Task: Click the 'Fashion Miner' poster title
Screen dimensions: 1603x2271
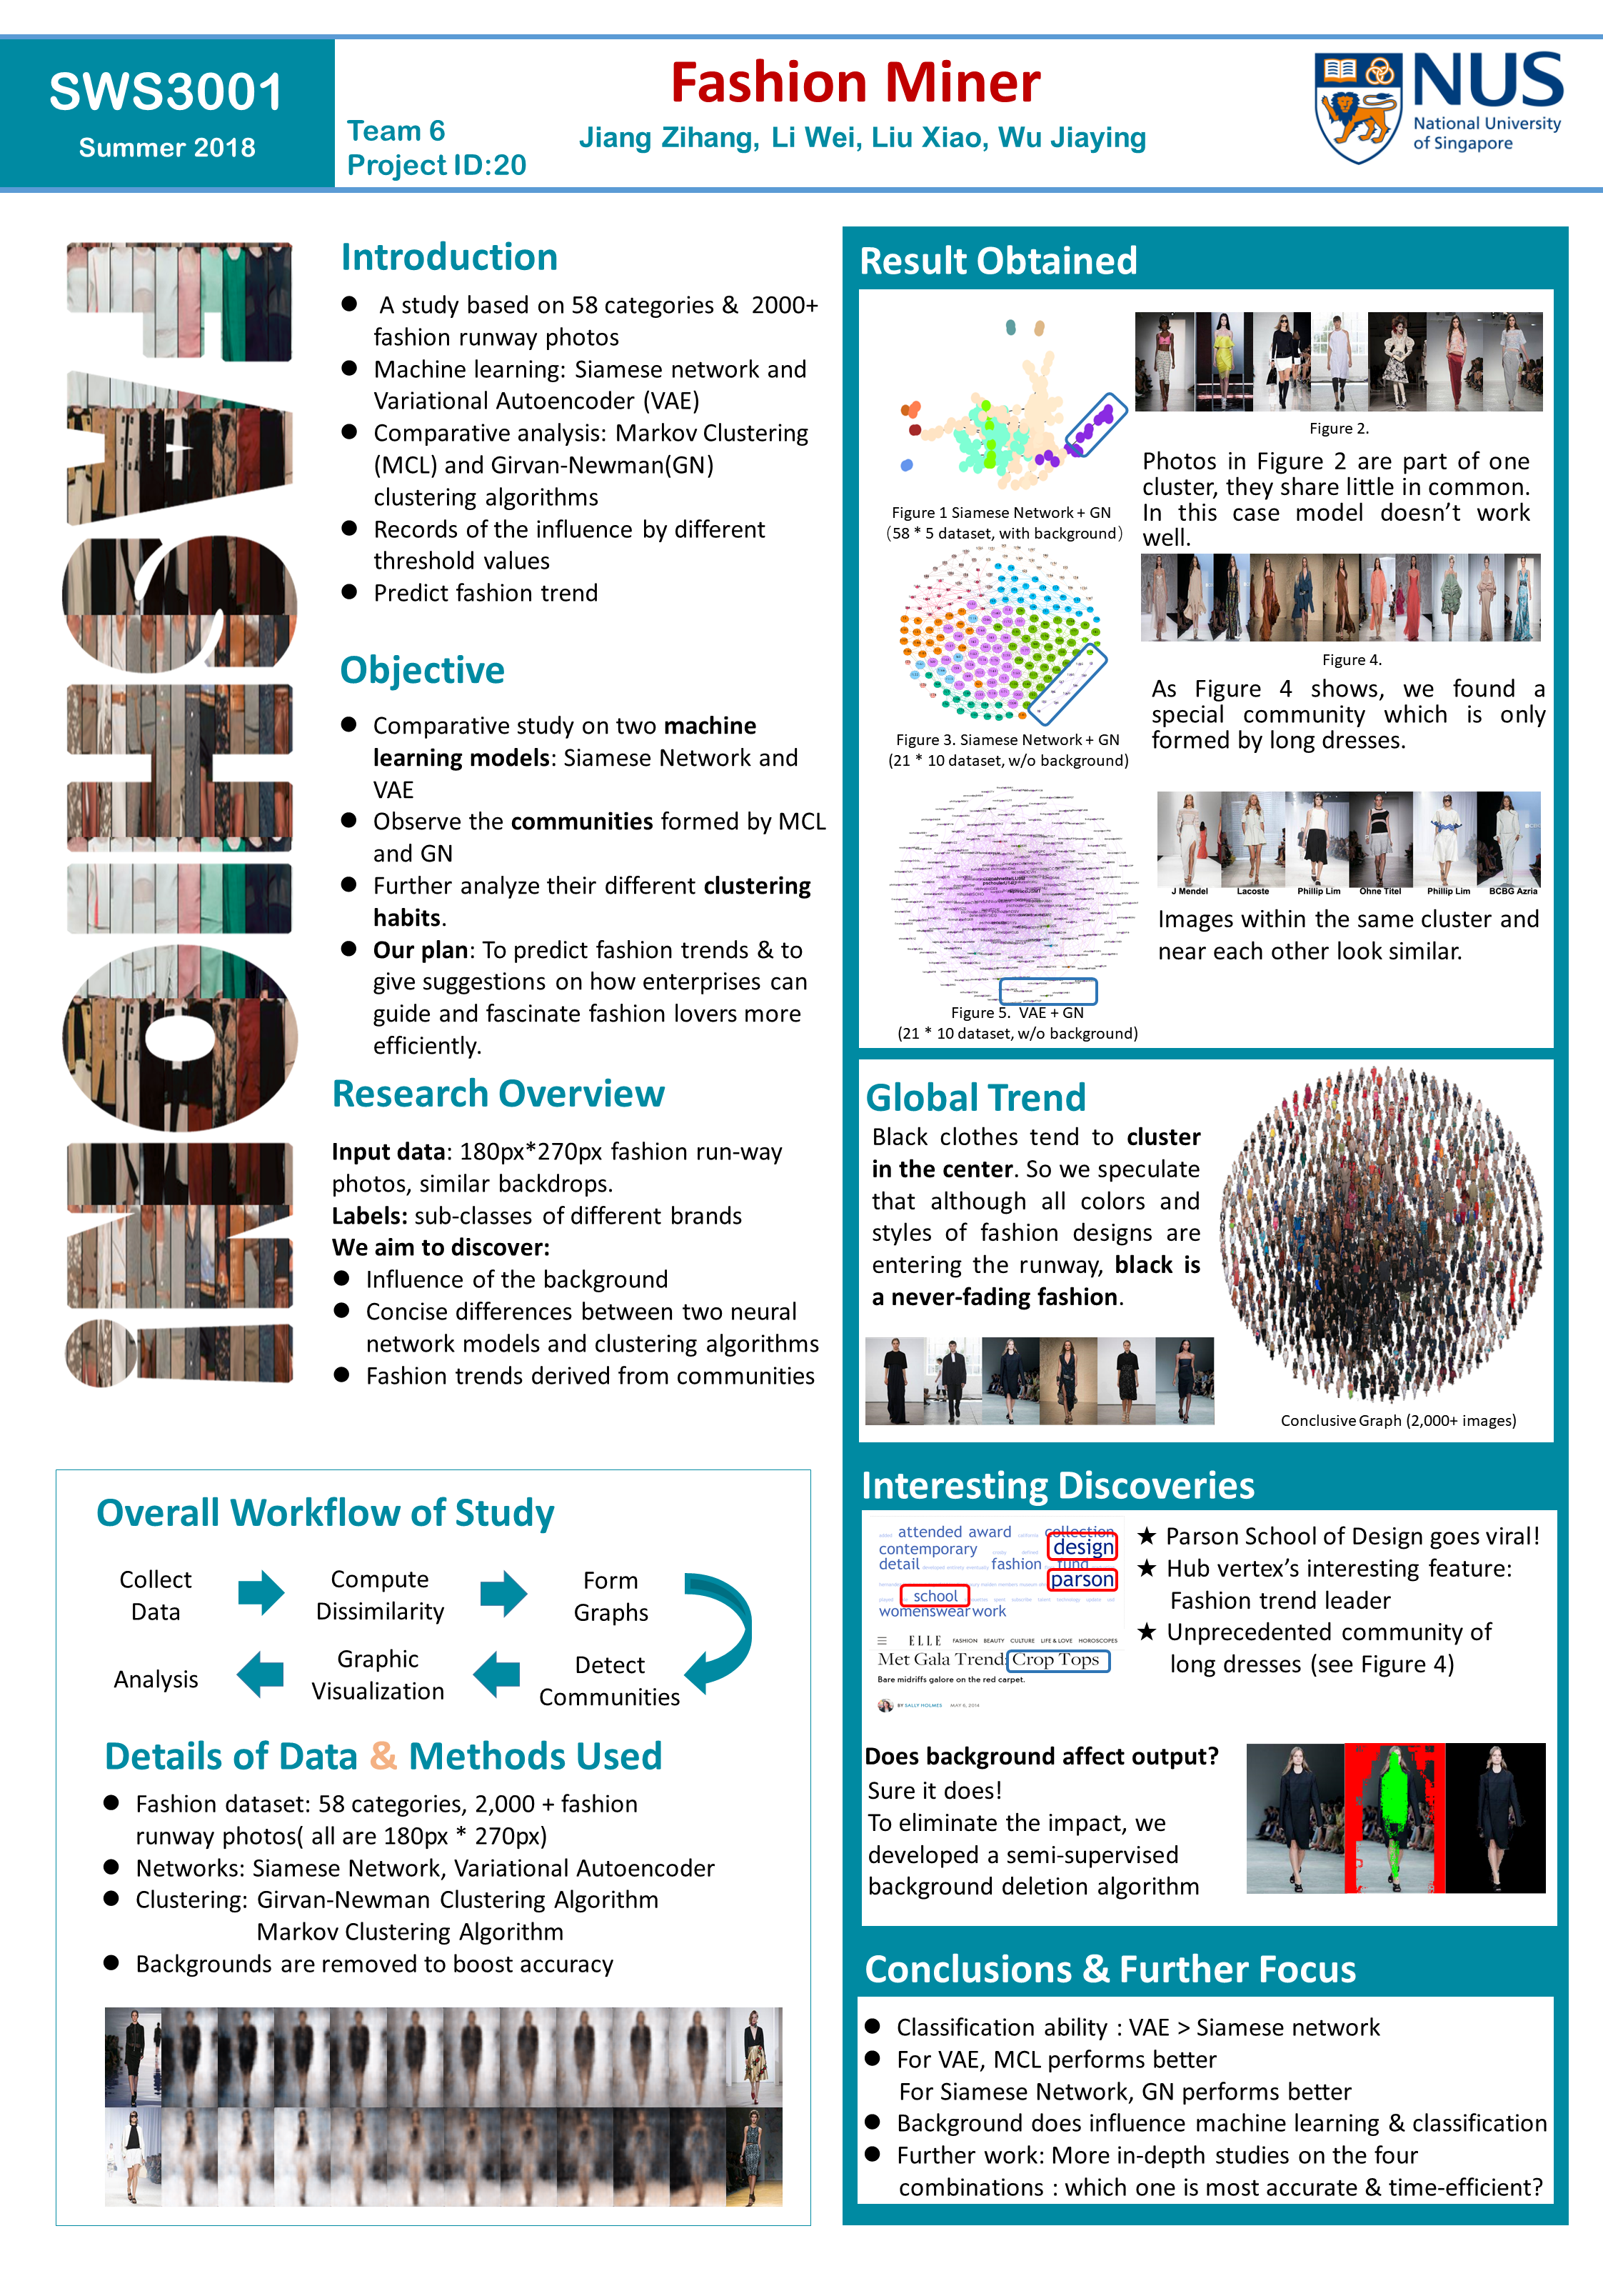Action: pyautogui.click(x=855, y=82)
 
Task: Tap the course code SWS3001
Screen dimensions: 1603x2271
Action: pyautogui.click(x=166, y=92)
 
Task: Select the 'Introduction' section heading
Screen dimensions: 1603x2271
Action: pyautogui.click(x=449, y=257)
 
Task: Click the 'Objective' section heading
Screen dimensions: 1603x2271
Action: pyautogui.click(x=422, y=669)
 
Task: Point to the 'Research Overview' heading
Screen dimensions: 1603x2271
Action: pyautogui.click(x=498, y=1093)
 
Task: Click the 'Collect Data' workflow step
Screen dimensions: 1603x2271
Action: pyautogui.click(x=155, y=1594)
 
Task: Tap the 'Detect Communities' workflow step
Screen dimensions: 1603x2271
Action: pyautogui.click(x=609, y=1680)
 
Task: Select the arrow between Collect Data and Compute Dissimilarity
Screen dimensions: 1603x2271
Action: pyautogui.click(x=261, y=1592)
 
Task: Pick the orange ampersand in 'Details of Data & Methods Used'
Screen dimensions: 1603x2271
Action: pyautogui.click(x=383, y=1756)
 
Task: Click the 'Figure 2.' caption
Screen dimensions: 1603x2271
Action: pyautogui.click(x=1339, y=429)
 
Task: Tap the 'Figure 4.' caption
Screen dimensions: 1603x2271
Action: pyautogui.click(x=1352, y=660)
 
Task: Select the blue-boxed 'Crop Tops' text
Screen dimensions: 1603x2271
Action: pyautogui.click(x=1057, y=1659)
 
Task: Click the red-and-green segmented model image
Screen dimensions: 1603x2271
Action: pyautogui.click(x=1395, y=1818)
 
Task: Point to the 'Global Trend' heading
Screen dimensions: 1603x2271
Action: pyautogui.click(x=975, y=1097)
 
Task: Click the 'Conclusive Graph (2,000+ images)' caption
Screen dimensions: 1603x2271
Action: pyautogui.click(x=1397, y=1420)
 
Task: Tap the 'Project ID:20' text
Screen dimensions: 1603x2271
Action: pyautogui.click(x=436, y=165)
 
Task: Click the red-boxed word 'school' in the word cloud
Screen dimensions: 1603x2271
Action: pyautogui.click(x=935, y=1595)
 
